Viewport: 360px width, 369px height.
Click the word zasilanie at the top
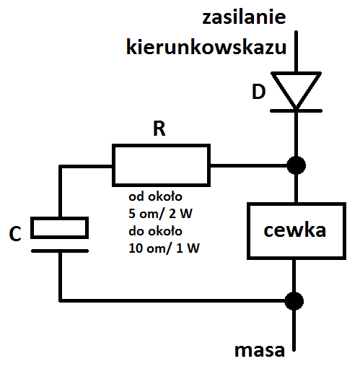pyautogui.click(x=244, y=17)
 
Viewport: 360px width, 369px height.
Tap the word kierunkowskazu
pyautogui.click(x=206, y=46)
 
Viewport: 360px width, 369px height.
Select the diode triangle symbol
pyautogui.click(x=297, y=90)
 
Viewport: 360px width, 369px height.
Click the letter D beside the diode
pyautogui.click(x=259, y=92)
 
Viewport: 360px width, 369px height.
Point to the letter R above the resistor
pyautogui.click(x=159, y=129)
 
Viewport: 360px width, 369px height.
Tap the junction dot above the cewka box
pyautogui.click(x=297, y=165)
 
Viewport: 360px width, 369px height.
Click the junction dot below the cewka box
pyautogui.click(x=294, y=301)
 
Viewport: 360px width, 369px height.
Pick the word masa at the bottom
pyautogui.click(x=260, y=351)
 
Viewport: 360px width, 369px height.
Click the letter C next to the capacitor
pyautogui.click(x=15, y=233)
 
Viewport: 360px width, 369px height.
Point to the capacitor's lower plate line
pyautogui.click(x=60, y=251)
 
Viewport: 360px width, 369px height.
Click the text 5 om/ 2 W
pyautogui.click(x=160, y=214)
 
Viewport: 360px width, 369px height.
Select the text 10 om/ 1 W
pyautogui.click(x=164, y=248)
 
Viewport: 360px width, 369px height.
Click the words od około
pyautogui.click(x=155, y=196)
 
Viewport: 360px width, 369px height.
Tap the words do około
pyautogui.click(x=155, y=231)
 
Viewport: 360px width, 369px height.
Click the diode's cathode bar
pyautogui.click(x=297, y=110)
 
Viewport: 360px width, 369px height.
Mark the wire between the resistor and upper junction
pyautogui.click(x=249, y=165)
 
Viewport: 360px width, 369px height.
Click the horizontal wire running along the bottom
pyautogui.click(x=172, y=300)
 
